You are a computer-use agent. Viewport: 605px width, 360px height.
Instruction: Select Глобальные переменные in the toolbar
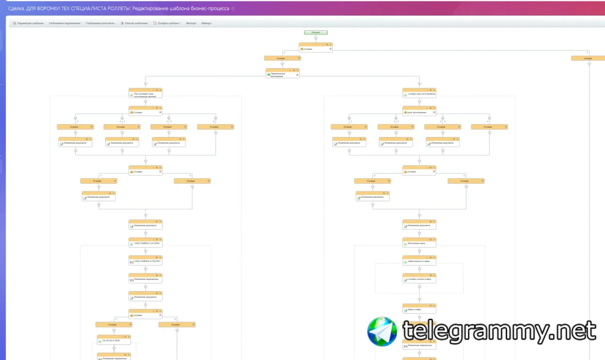(x=64, y=23)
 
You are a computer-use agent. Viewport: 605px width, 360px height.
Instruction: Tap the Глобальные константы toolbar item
(x=100, y=23)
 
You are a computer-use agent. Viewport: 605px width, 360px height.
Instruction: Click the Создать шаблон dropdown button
(x=167, y=23)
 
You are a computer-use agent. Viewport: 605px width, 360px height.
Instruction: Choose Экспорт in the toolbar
(x=191, y=23)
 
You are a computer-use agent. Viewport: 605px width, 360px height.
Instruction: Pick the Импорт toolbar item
(x=207, y=23)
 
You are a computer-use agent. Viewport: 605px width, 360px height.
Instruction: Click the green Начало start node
(x=316, y=33)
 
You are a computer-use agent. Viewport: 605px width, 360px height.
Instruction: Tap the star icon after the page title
(x=233, y=9)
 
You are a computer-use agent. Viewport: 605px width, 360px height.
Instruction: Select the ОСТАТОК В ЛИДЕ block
(x=114, y=340)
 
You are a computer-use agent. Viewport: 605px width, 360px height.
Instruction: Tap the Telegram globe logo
(x=382, y=331)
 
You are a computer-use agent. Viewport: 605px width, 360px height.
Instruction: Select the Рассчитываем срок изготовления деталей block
(x=146, y=94)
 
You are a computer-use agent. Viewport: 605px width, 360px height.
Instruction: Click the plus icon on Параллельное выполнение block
(x=297, y=75)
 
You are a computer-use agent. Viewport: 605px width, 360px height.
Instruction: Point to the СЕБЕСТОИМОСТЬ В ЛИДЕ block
(x=146, y=244)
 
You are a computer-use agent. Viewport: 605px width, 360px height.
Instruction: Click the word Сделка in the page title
(x=17, y=9)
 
